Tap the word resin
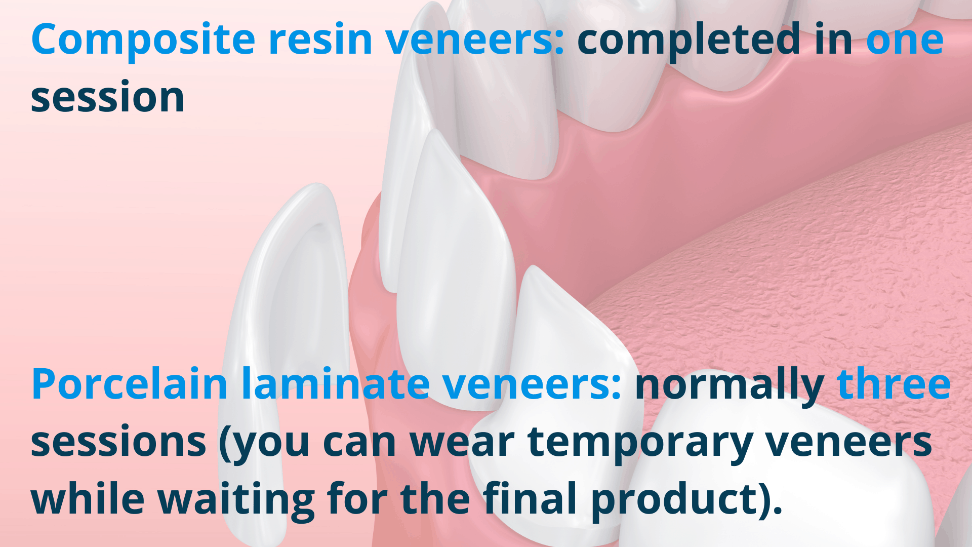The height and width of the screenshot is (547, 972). pyautogui.click(x=320, y=39)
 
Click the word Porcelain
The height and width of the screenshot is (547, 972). pyautogui.click(x=129, y=383)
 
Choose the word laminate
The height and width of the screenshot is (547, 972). pyautogui.click(x=336, y=383)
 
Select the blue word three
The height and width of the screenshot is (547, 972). pyautogui.click(x=894, y=383)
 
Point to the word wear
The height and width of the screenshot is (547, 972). pyautogui.click(x=462, y=442)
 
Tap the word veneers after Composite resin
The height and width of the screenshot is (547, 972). pyautogui.click(x=475, y=39)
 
